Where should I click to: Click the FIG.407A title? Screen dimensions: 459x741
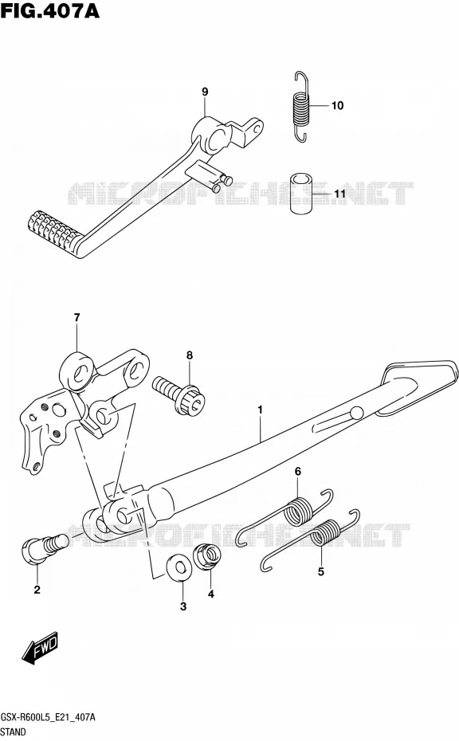(x=50, y=10)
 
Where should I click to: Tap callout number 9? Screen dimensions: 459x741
(x=205, y=92)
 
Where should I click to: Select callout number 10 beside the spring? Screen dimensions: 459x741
(x=337, y=105)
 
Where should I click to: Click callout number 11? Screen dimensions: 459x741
(x=339, y=194)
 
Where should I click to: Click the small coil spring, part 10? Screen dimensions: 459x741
(x=300, y=106)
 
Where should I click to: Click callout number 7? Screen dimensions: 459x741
(x=76, y=318)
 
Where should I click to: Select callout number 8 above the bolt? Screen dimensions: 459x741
(x=190, y=355)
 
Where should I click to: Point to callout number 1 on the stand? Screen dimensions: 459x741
(x=260, y=410)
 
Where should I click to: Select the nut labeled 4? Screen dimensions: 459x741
(x=209, y=556)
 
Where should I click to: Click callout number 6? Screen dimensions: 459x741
(x=298, y=471)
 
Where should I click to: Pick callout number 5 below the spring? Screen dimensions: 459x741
(x=321, y=572)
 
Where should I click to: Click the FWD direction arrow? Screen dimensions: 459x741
(x=40, y=647)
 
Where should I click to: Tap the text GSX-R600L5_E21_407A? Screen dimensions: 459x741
(x=48, y=717)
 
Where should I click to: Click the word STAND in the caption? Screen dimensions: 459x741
(x=14, y=732)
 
